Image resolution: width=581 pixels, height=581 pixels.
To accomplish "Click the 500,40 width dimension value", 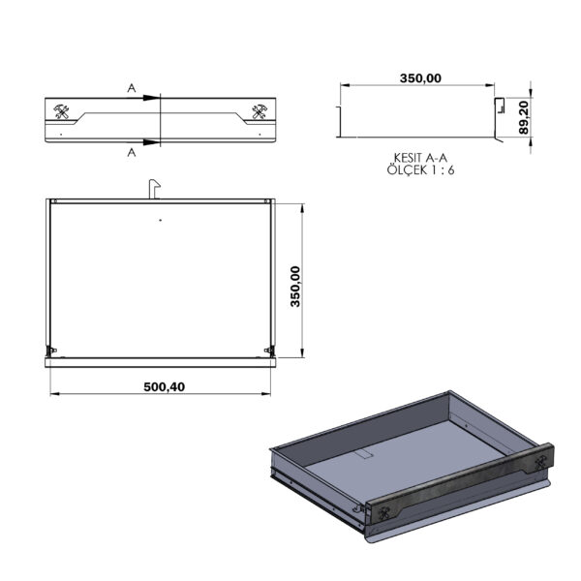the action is point(165,386).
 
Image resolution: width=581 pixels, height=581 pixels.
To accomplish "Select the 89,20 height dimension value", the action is point(524,118).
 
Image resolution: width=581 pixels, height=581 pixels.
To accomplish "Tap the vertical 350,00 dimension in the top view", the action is point(295,287).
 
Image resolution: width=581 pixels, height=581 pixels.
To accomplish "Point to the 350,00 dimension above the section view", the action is point(420,78).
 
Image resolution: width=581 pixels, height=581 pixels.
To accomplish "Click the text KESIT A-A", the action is point(420,158).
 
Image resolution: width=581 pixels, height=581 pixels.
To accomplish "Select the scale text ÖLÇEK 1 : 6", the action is point(420,170).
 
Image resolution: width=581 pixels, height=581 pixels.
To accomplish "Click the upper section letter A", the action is point(132,88).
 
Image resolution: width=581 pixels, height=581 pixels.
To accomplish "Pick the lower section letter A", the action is point(132,152).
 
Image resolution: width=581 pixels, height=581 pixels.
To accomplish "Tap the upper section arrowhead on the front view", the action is point(152,98).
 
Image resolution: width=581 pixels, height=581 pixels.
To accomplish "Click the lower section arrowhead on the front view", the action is point(152,142).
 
